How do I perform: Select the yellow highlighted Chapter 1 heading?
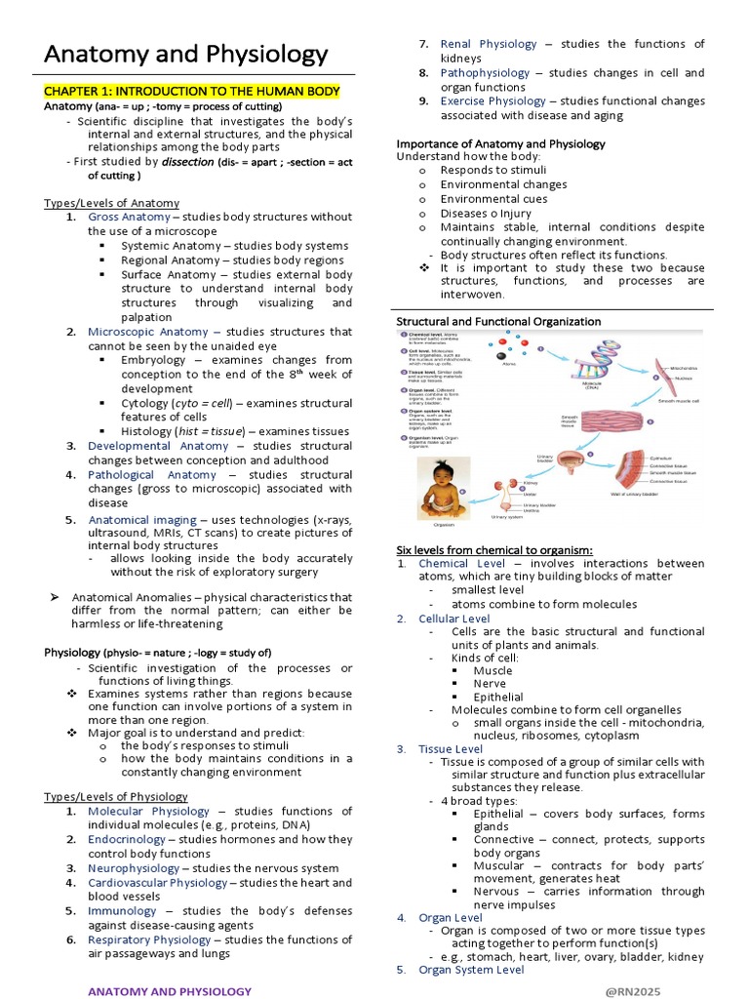pyautogui.click(x=191, y=92)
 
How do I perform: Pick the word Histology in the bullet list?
pyautogui.click(x=151, y=431)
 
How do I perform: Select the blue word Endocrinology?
pyautogui.click(x=126, y=839)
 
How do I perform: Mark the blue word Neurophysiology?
pyautogui.click(x=133, y=868)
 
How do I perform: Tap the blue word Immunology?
pyautogui.click(x=122, y=911)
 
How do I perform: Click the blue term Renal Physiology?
pyautogui.click(x=489, y=44)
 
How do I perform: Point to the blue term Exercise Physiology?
pyautogui.click(x=493, y=101)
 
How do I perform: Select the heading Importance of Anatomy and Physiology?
pyautogui.click(x=500, y=144)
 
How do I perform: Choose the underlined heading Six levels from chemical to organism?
pyautogui.click(x=494, y=549)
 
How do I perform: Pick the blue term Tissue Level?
pyautogui.click(x=451, y=748)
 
